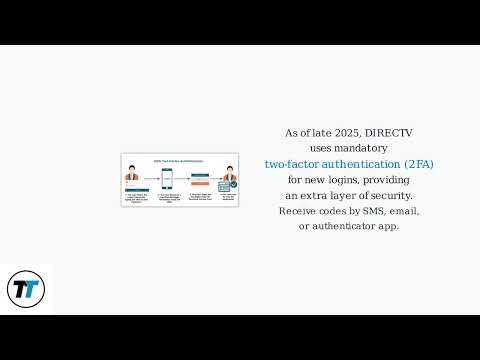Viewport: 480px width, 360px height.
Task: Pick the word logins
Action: [336, 179]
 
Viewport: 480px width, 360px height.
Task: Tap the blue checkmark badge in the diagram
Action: [233, 185]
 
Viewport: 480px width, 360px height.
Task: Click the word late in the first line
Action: [316, 132]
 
